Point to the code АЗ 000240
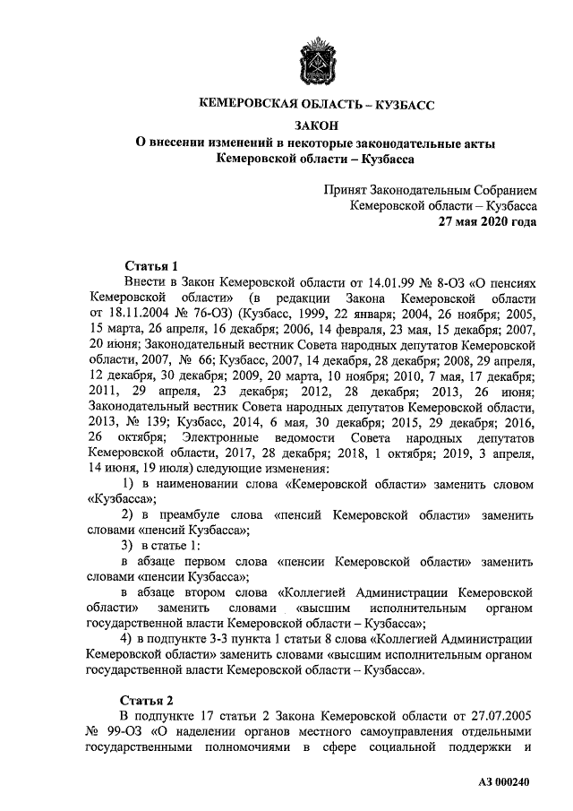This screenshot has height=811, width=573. (505, 782)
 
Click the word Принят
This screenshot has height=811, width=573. (350, 190)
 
